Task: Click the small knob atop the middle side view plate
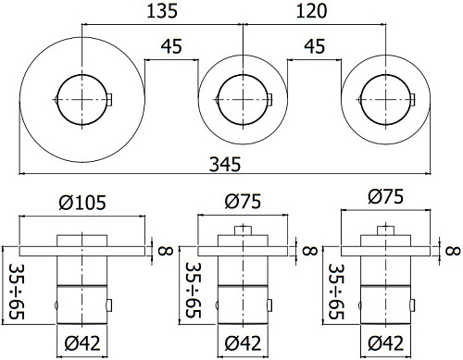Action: point(244,230)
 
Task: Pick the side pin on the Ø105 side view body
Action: point(110,304)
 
